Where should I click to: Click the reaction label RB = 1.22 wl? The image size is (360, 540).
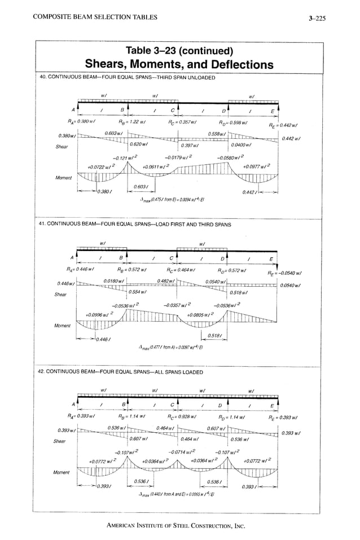tap(133, 122)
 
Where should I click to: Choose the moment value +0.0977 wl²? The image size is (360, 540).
tap(257, 166)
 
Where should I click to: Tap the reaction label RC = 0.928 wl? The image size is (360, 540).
tap(183, 418)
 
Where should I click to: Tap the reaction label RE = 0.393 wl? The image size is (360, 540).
tap(283, 418)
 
